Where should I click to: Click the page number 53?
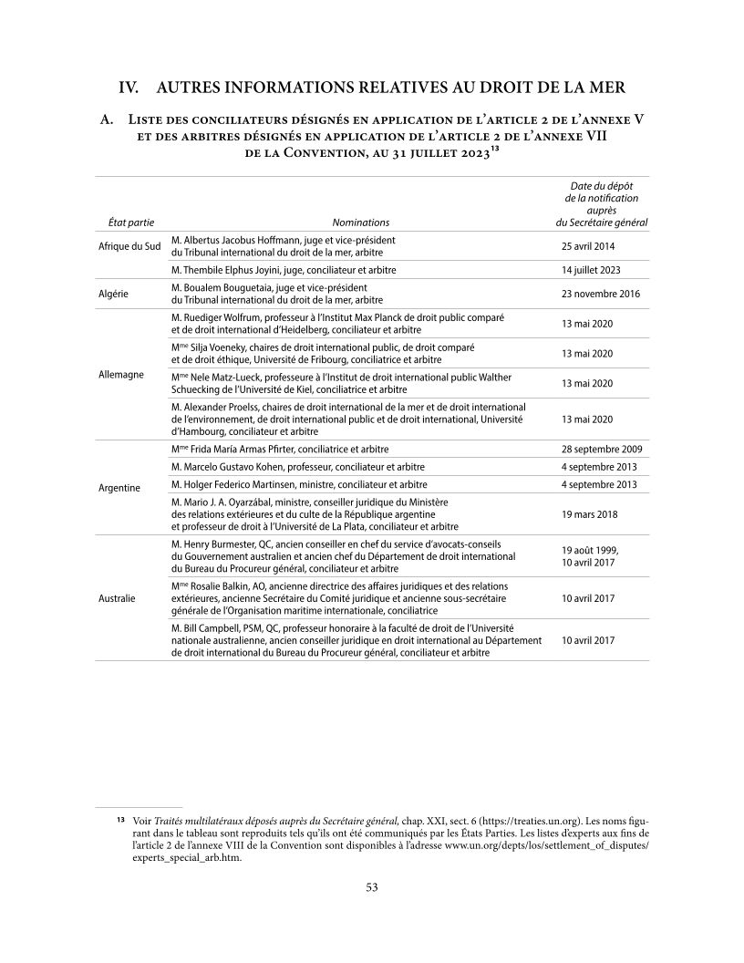tap(372, 887)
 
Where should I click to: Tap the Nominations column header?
tap(360, 222)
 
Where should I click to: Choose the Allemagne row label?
tap(120, 375)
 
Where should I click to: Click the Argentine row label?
tap(119, 488)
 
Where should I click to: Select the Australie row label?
tap(118, 598)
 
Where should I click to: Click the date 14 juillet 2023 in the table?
tap(592, 270)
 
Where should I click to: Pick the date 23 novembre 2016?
tap(601, 294)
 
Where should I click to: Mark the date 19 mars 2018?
tap(590, 513)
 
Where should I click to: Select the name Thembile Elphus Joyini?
tap(239, 270)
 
